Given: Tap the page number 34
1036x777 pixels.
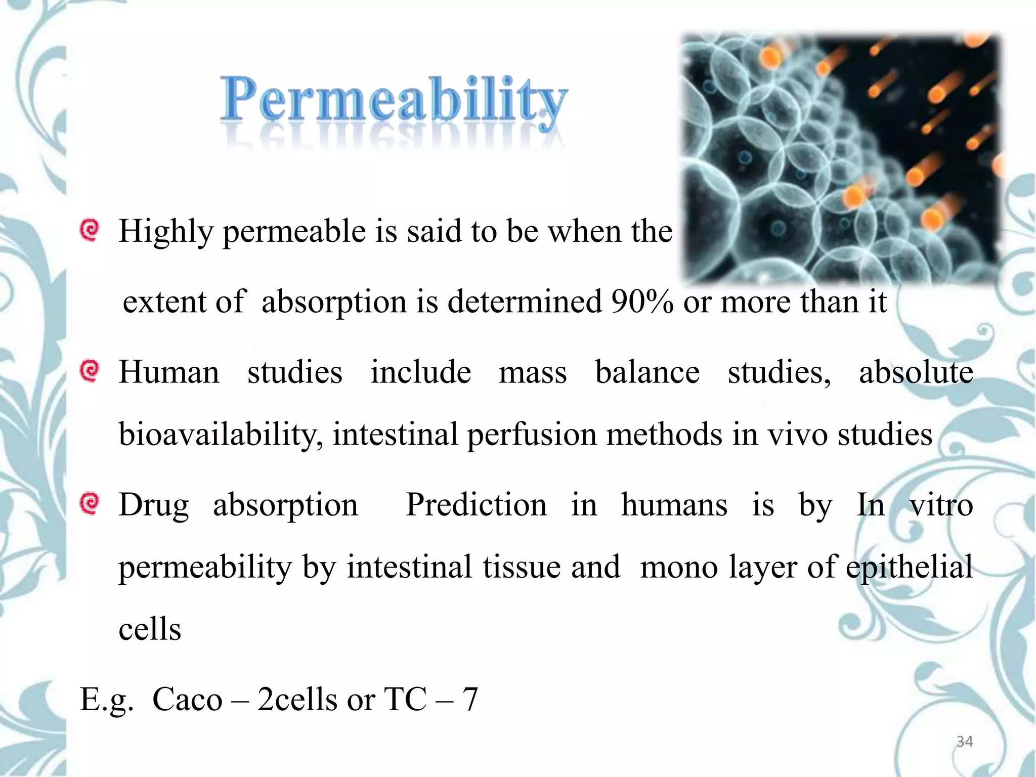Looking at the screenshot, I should [x=964, y=742].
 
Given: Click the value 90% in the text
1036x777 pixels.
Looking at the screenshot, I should [x=642, y=302].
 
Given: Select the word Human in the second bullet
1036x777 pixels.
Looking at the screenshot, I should [x=169, y=372].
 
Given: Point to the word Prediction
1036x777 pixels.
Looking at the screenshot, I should [x=476, y=505].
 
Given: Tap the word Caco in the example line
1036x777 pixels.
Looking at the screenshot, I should [x=187, y=700].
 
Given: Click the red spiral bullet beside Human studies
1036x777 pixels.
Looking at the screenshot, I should [x=90, y=371].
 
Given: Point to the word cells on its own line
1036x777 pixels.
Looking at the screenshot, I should [x=150, y=630].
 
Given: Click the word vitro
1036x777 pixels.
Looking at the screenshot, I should [x=941, y=505].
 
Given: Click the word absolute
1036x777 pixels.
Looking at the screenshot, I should [x=916, y=372].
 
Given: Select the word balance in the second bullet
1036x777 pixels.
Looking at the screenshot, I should [x=647, y=372].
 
